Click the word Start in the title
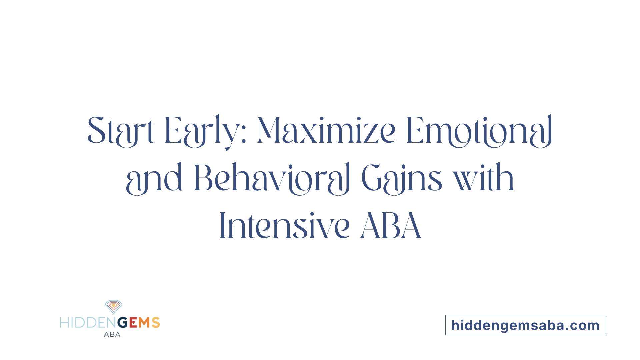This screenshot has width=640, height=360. coord(120,131)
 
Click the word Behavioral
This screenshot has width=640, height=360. coord(272,178)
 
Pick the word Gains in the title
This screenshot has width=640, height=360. coord(402,178)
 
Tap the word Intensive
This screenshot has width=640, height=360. coord(285,226)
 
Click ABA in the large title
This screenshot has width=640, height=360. coord(391,226)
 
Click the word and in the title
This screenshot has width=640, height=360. coord(154,178)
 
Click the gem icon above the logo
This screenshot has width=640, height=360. coord(113,306)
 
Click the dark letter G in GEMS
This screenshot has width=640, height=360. coord(123,323)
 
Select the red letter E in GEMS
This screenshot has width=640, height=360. coord(133,323)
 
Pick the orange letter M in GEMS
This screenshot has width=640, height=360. coord(144,323)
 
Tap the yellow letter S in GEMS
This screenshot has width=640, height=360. coord(156,323)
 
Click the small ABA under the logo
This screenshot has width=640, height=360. coord(112,334)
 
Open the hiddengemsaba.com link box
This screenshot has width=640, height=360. coord(525,325)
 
